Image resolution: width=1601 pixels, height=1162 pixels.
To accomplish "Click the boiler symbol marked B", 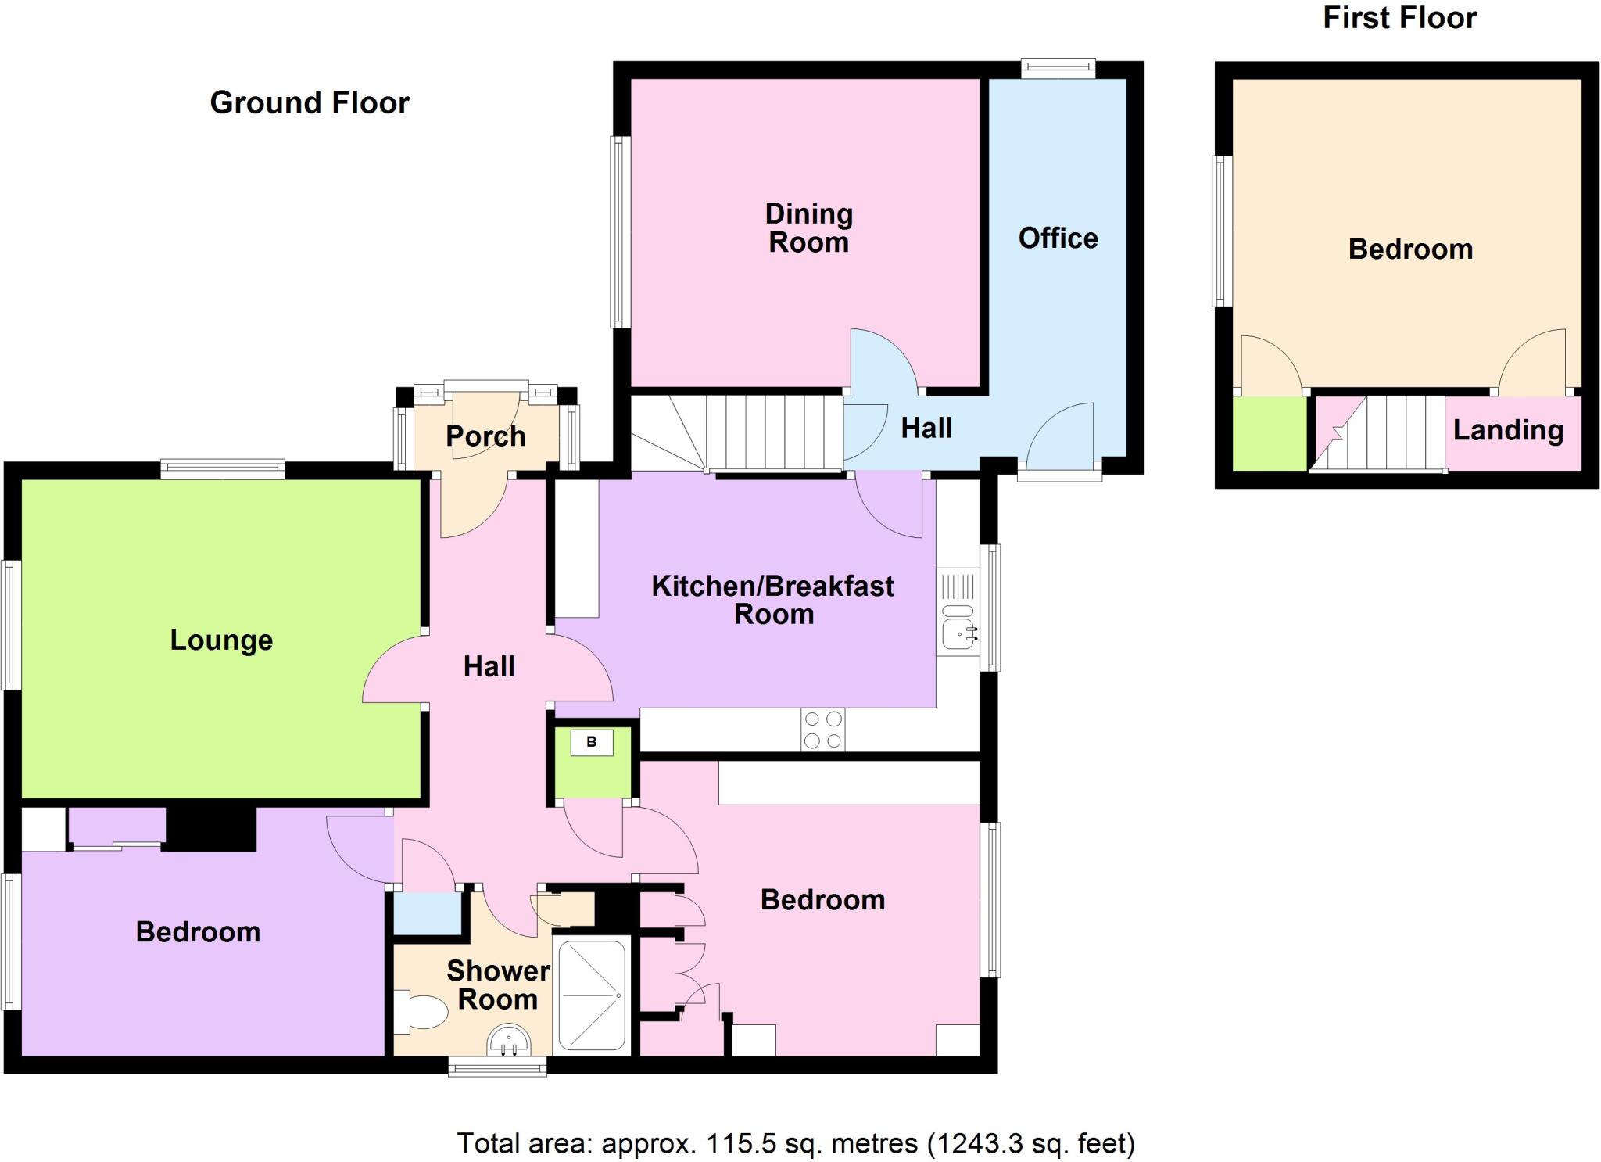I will pos(591,742).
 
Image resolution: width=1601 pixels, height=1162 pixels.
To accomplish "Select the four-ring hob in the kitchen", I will pos(823,730).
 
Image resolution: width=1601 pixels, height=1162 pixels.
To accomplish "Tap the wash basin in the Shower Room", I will pos(508,1042).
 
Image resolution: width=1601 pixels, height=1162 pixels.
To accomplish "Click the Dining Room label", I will pos(808,228).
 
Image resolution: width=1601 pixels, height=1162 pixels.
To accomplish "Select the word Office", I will pos(1058,238).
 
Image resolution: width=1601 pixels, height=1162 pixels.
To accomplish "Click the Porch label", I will pos(485,436).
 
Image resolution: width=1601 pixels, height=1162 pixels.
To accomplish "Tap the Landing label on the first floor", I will pos(1507,430).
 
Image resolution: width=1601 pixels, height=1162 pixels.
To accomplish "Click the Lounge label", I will pos(221,640).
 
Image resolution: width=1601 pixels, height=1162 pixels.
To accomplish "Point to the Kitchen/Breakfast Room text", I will pos(772,599).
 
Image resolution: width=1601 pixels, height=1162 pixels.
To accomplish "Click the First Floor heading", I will pos(1399,17).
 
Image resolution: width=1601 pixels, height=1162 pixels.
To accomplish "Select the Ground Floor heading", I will pos(310,102).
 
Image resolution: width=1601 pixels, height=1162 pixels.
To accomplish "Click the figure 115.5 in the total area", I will pos(741,1143).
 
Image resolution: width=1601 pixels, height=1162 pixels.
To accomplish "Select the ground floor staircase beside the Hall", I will pos(750,432).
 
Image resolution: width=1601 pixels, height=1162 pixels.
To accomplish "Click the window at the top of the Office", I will pos(1058,68).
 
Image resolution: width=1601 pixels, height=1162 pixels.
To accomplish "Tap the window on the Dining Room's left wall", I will pos(620,231).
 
